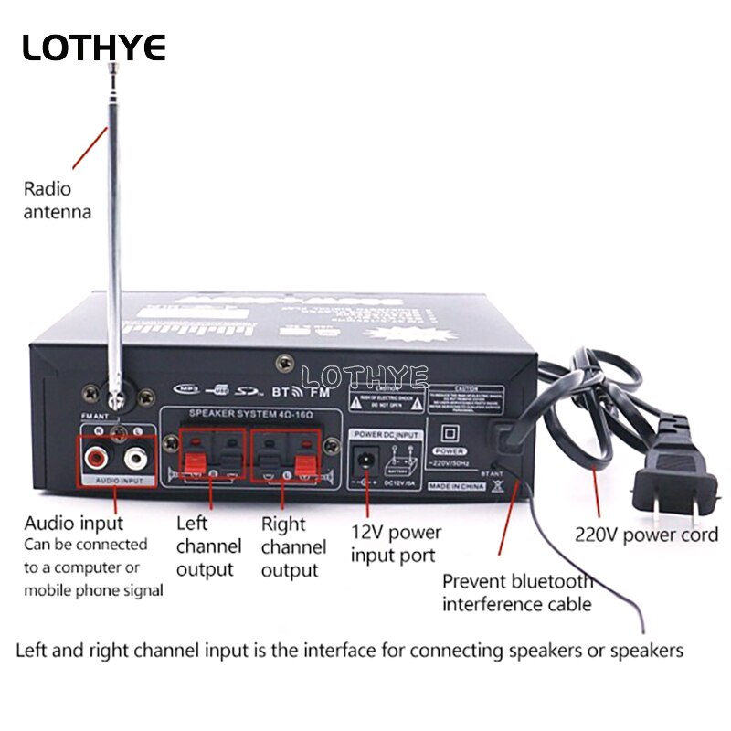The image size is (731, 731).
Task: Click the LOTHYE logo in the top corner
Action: [x=94, y=47]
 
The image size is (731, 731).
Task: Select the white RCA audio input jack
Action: [x=136, y=454]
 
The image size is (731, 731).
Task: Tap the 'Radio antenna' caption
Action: [x=58, y=201]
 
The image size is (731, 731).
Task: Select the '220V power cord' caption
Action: [x=646, y=535]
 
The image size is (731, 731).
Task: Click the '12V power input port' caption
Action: [x=396, y=543]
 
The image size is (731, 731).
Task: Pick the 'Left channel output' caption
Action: [x=208, y=546]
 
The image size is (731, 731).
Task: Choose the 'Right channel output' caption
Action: [x=293, y=547]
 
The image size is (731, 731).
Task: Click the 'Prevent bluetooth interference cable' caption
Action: [x=517, y=592]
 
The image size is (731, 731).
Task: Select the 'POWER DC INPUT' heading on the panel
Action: [x=388, y=434]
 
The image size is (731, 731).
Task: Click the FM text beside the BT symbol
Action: [x=319, y=393]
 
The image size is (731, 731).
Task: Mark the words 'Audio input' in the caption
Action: [x=73, y=524]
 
